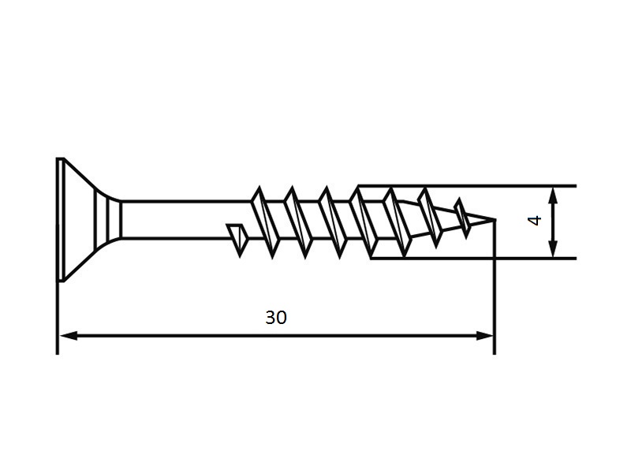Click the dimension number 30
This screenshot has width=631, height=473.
(x=276, y=318)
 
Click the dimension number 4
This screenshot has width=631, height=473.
(x=535, y=221)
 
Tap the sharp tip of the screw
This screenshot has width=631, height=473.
(x=495, y=220)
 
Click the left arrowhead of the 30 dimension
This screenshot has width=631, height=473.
(x=69, y=336)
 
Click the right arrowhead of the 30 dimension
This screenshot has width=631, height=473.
(x=485, y=336)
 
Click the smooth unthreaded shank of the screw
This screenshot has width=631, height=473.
(x=186, y=220)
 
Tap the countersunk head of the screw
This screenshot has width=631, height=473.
(x=77, y=220)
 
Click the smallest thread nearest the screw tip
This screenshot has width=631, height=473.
(x=462, y=218)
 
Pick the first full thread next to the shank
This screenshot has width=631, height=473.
(x=265, y=222)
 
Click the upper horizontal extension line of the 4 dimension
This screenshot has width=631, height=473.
(x=467, y=186)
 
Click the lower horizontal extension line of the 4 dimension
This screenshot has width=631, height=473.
(x=473, y=259)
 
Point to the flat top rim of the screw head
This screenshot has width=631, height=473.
(x=60, y=220)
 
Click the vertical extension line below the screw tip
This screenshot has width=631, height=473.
(x=495, y=287)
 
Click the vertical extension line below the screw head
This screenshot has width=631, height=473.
(x=58, y=318)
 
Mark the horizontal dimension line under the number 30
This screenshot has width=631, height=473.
(x=277, y=336)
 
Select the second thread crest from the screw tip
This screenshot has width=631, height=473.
(x=430, y=218)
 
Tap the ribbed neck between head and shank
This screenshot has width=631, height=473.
(x=108, y=220)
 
